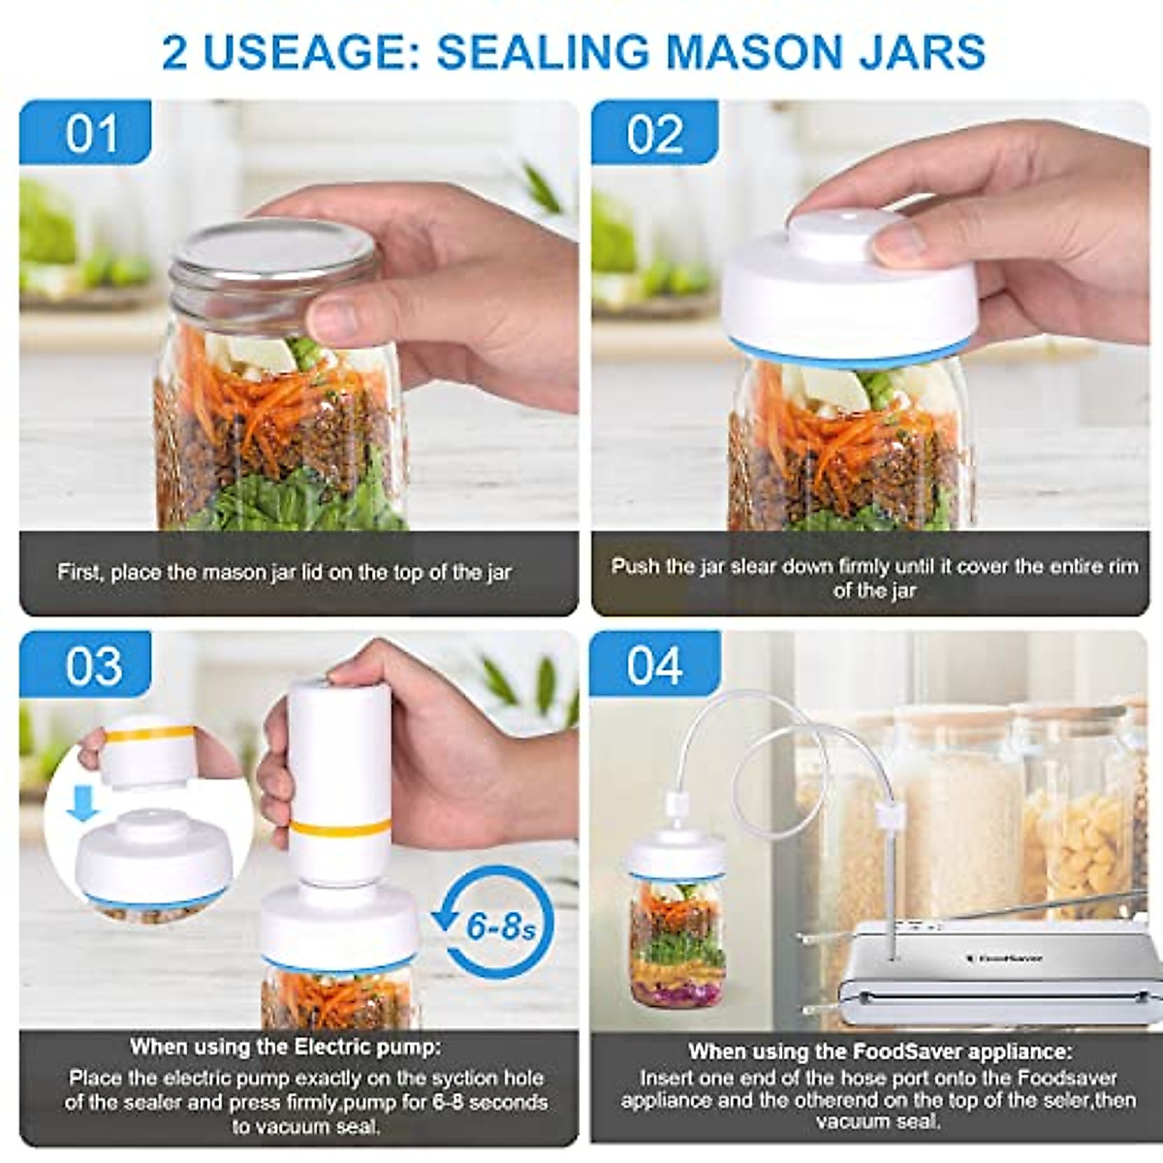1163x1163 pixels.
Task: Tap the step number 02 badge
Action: tap(655, 134)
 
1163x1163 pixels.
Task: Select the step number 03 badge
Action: tap(93, 667)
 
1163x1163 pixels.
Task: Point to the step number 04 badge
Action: tap(655, 667)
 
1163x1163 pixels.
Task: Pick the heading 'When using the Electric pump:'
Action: tap(285, 1047)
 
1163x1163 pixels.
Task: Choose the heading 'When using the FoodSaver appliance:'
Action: tap(879, 1052)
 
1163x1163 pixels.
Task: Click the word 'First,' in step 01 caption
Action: tap(79, 572)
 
